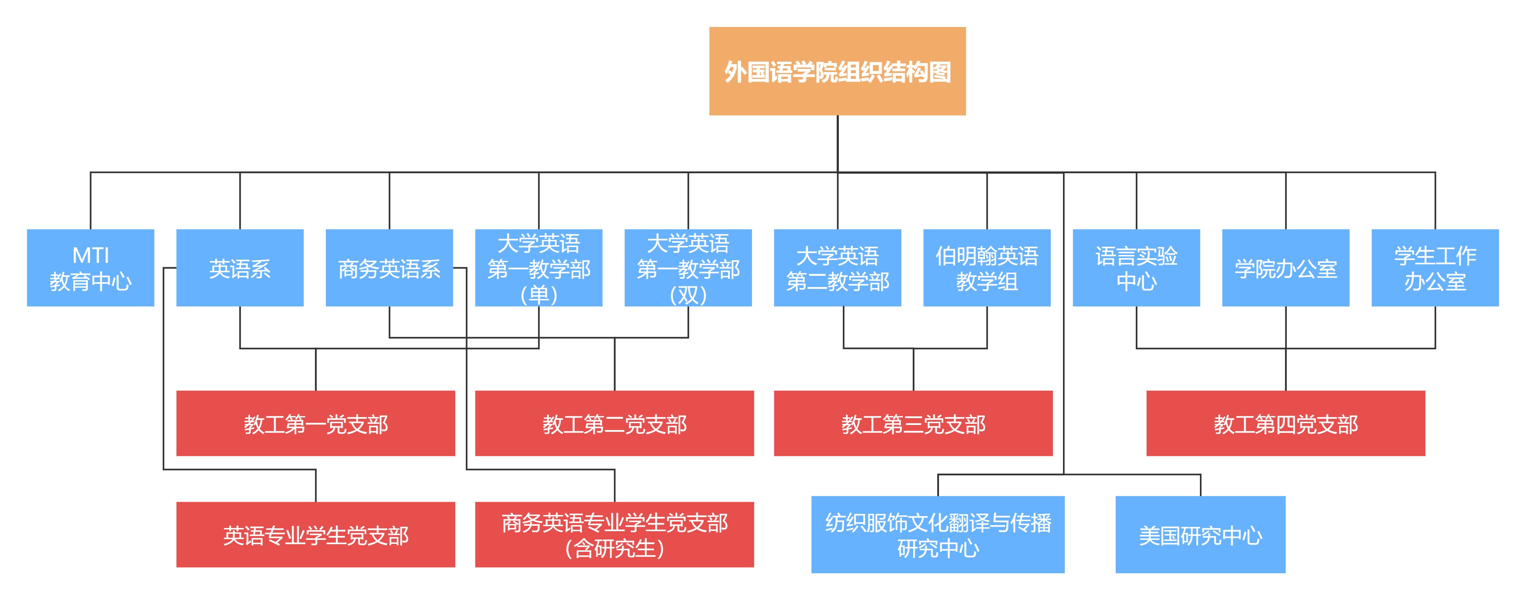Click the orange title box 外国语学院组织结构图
click(x=837, y=71)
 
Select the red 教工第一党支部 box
click(x=315, y=424)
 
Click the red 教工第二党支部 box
click(x=614, y=424)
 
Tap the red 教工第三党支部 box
click(x=913, y=424)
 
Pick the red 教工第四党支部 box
click(x=1286, y=424)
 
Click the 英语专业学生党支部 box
click(x=315, y=535)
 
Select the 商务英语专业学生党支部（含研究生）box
click(x=614, y=535)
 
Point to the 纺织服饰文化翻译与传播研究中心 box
click(x=937, y=535)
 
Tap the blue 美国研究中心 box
click(x=1200, y=535)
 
